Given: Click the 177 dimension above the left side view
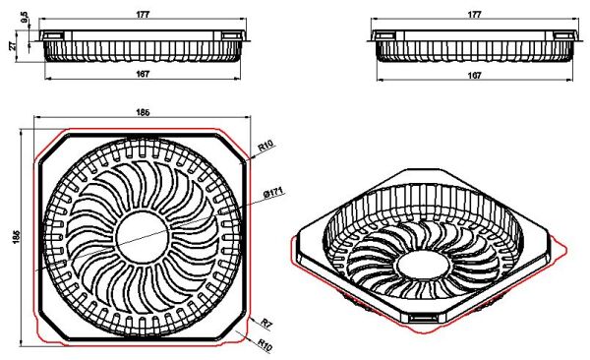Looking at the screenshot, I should tap(144, 15).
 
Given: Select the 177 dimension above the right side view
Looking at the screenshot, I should tap(475, 15).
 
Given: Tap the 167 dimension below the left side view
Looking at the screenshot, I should tap(144, 75).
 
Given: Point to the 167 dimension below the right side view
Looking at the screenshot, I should tap(475, 75).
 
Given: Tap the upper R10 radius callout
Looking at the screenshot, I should tap(265, 146).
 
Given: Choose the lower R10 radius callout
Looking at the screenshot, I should tap(265, 345).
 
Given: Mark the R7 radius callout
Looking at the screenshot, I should tap(265, 322).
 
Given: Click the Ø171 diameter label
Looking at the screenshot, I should tap(273, 192).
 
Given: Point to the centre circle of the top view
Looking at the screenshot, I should tap(144, 233).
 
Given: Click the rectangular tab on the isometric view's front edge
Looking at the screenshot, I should tap(425, 319).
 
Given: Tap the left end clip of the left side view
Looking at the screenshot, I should tap(53, 36).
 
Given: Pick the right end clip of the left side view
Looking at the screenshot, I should tap(233, 36).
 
